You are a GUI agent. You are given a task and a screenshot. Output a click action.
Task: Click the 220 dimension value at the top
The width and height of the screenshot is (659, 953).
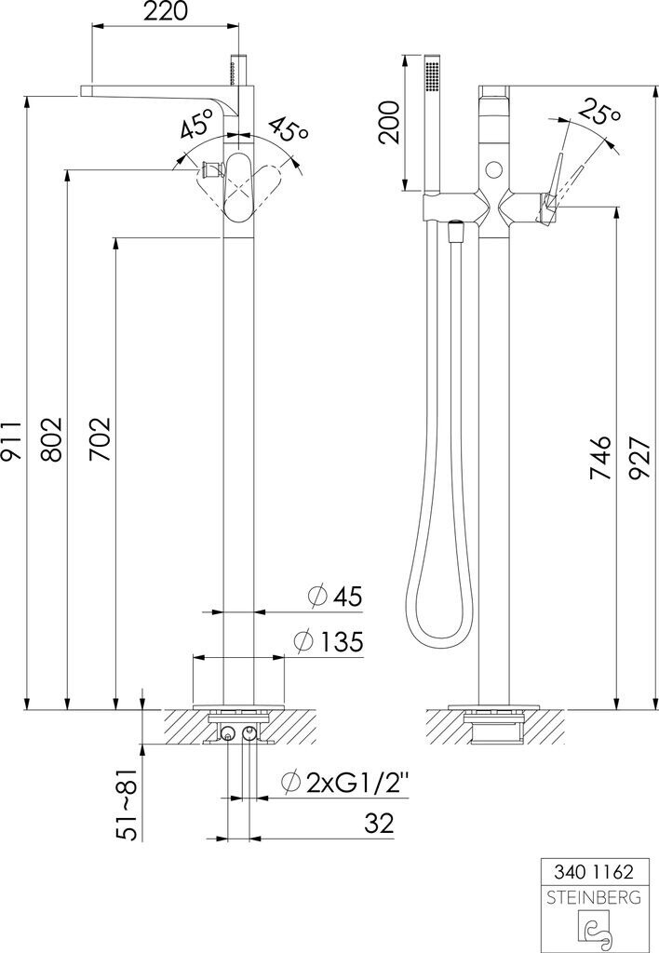click(165, 11)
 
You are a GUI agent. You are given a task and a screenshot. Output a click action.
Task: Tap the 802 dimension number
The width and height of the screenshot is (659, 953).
click(52, 439)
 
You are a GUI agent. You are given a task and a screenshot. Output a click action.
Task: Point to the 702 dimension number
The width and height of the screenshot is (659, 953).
click(101, 439)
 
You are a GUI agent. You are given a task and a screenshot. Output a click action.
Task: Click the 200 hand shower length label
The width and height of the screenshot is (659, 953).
click(389, 122)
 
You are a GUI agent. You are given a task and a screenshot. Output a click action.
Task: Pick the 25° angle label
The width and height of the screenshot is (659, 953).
click(598, 112)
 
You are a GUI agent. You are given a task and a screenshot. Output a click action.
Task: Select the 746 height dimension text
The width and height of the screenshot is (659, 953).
click(600, 458)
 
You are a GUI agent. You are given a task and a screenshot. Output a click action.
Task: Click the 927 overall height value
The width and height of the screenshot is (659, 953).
click(639, 458)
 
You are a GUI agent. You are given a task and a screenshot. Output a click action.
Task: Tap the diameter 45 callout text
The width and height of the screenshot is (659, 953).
click(335, 597)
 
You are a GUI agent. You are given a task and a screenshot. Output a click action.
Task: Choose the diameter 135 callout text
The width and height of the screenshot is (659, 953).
click(329, 641)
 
